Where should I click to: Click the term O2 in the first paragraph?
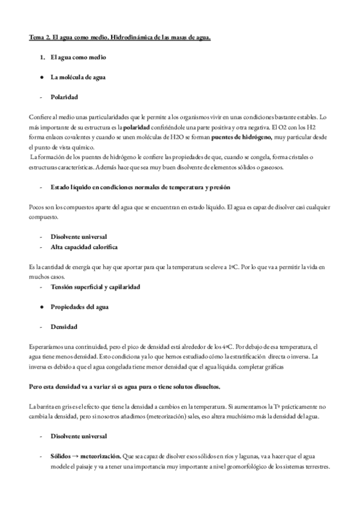[278, 127]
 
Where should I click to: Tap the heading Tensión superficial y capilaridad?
[95, 286]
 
